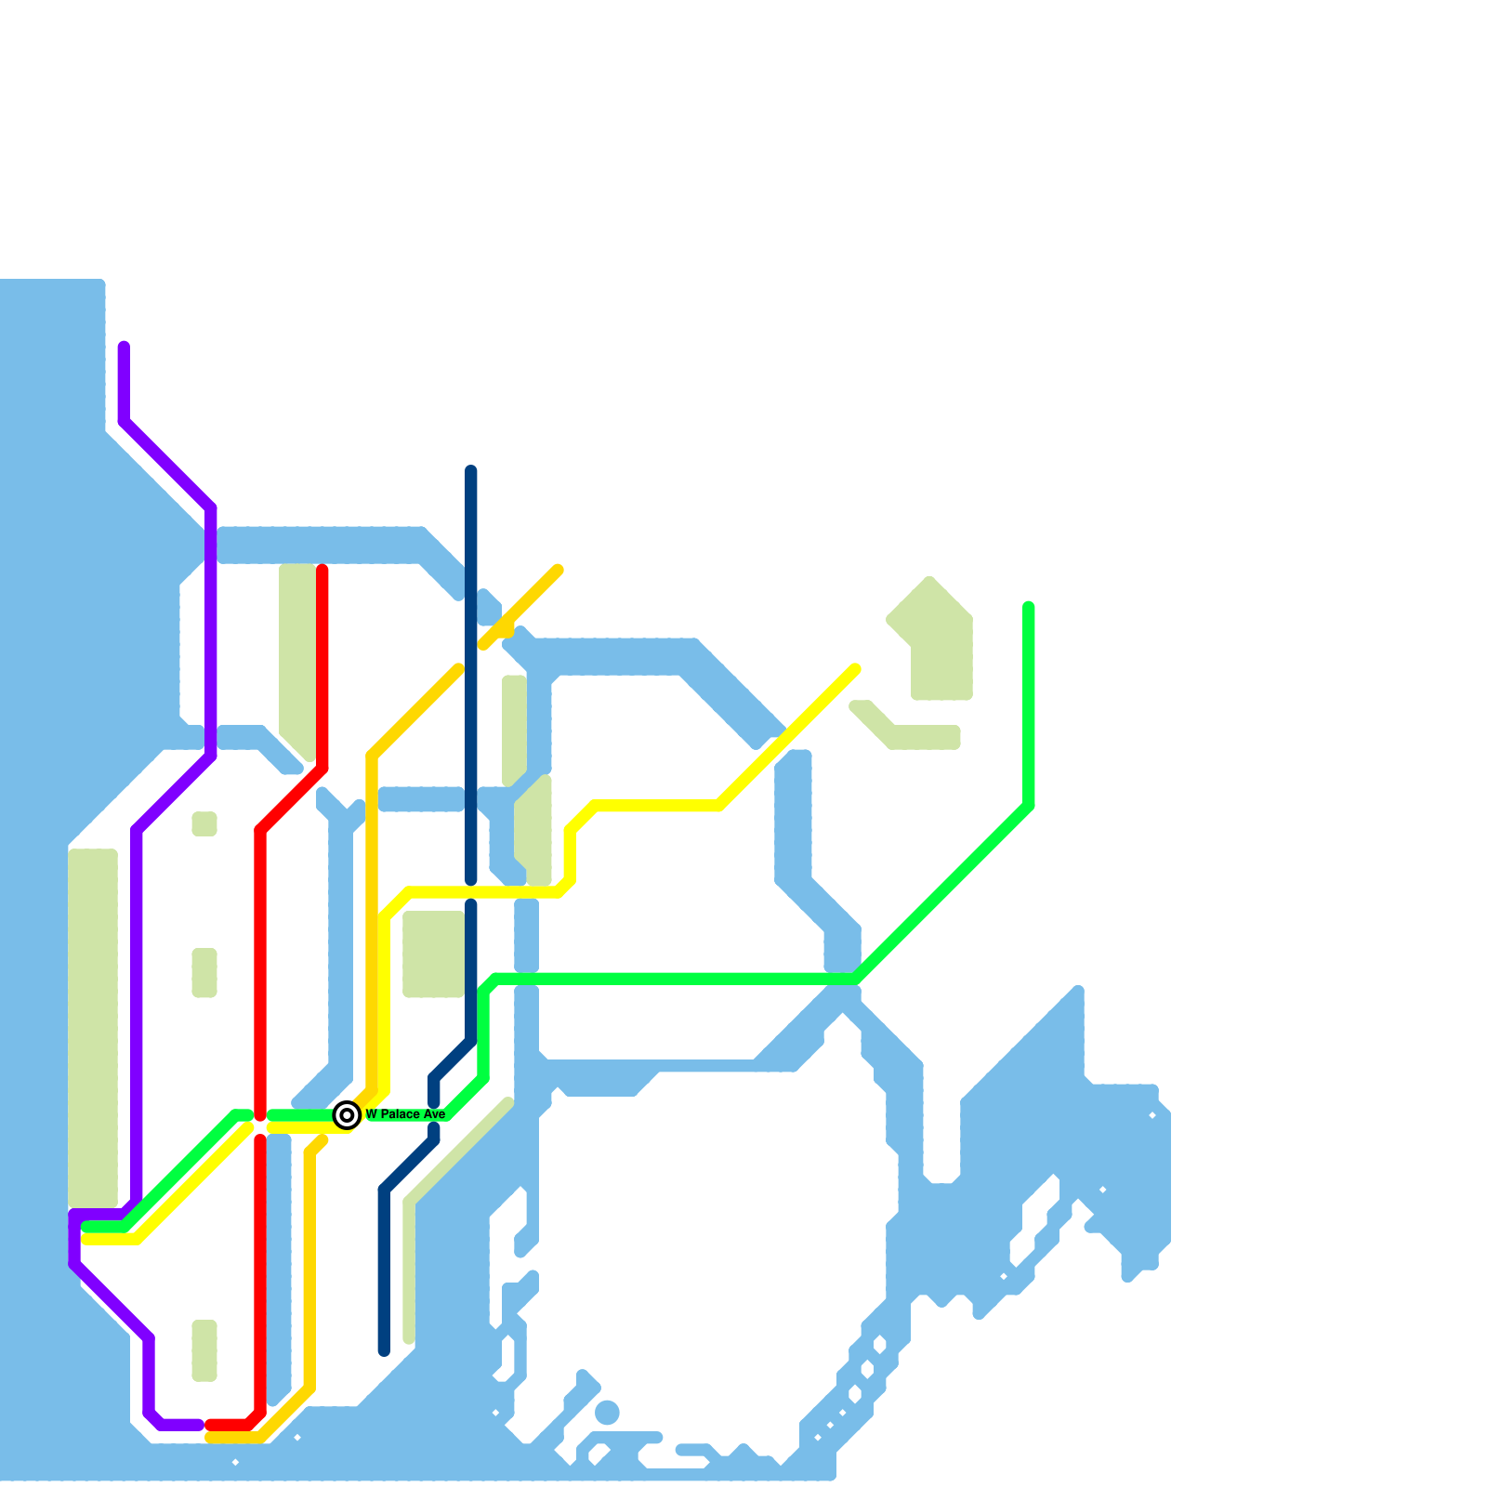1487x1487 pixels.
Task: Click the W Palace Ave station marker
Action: click(347, 1115)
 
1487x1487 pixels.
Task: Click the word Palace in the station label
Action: click(400, 1114)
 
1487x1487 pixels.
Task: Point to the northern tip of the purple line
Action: click(124, 347)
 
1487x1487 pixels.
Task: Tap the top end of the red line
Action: click(322, 570)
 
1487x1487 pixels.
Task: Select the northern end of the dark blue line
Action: click(471, 470)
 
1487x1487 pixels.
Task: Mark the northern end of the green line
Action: click(1029, 607)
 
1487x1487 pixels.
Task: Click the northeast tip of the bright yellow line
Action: click(855, 668)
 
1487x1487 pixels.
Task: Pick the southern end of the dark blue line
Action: click(384, 1350)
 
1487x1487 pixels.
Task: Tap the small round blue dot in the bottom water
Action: click(607, 1413)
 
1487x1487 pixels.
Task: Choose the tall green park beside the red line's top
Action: click(297, 655)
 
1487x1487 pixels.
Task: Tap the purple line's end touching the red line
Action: click(198, 1425)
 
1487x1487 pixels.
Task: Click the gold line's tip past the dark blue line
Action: click(558, 570)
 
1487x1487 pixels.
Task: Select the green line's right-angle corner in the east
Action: click(1029, 805)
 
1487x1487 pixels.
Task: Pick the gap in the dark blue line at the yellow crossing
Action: click(471, 892)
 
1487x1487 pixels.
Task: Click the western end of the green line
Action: click(87, 1227)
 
